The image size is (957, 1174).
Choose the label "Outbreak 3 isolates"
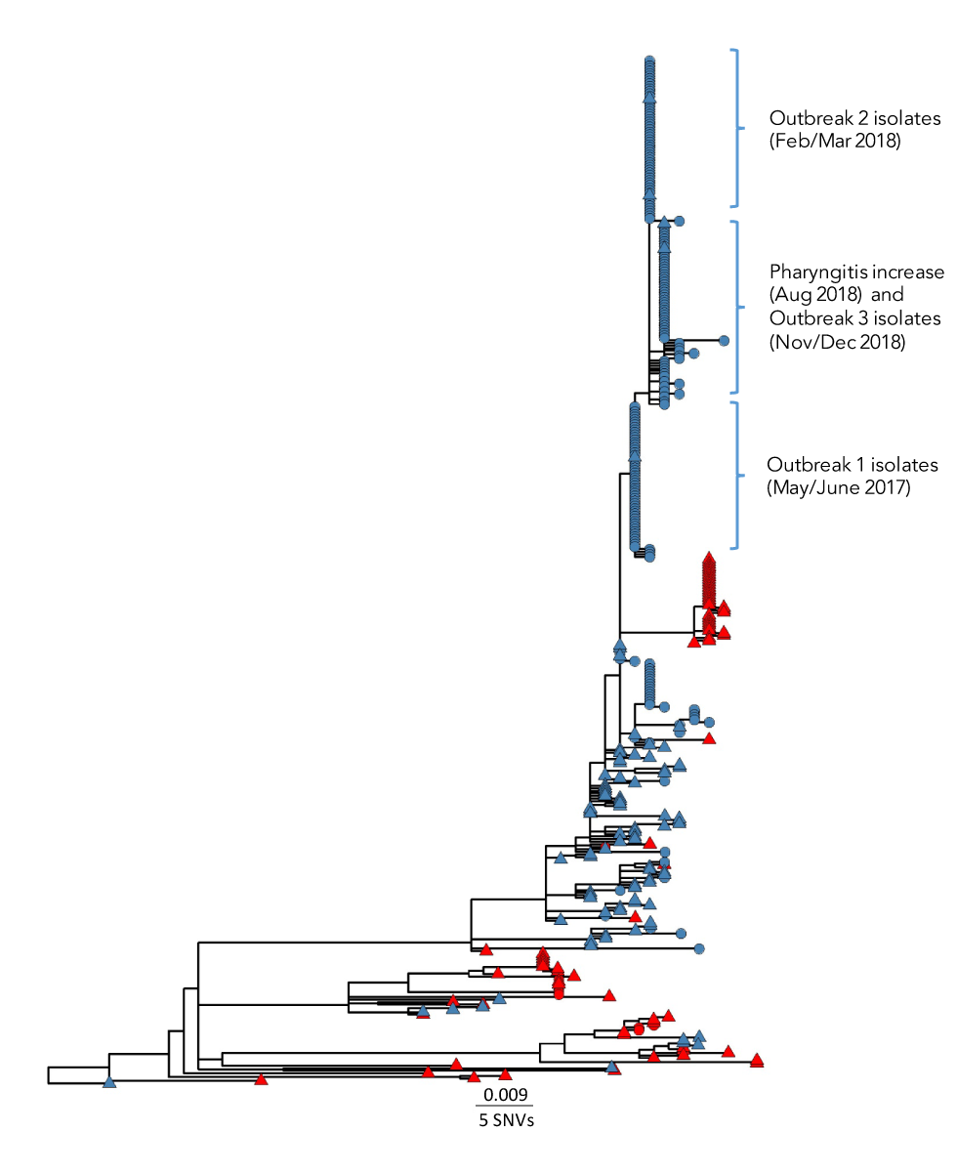(x=854, y=318)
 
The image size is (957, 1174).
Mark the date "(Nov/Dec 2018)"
(x=837, y=342)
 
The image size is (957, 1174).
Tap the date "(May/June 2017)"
(x=838, y=488)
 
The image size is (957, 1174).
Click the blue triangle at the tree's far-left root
(x=109, y=1081)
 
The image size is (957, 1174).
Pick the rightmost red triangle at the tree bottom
(x=757, y=1060)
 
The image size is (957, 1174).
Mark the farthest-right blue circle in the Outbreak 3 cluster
(x=724, y=341)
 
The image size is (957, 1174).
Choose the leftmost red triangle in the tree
(x=261, y=1078)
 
